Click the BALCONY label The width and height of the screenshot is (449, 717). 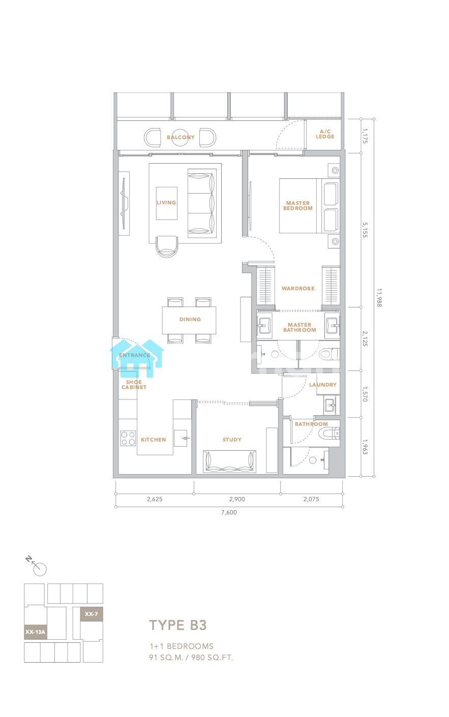[181, 137]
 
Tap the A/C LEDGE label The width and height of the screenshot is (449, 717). [325, 134]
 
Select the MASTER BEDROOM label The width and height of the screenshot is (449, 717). [298, 205]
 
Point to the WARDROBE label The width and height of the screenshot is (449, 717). [298, 289]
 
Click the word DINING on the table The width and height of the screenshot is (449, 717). [190, 319]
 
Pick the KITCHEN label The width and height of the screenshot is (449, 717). [154, 440]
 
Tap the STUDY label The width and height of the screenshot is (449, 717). [232, 440]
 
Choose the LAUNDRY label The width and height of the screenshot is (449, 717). [323, 385]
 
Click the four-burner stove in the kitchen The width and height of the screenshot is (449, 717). [128, 439]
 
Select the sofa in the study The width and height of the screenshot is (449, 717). [230, 461]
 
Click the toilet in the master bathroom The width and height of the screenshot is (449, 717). [329, 354]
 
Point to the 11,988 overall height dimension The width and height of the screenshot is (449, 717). [379, 298]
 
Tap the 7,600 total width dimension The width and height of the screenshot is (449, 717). [229, 512]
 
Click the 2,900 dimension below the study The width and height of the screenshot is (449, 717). [237, 499]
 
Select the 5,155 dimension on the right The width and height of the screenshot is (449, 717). [365, 230]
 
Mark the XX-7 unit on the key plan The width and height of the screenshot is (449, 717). [91, 614]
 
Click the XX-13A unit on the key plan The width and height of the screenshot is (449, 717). [36, 632]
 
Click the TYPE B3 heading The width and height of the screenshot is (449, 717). [178, 625]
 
